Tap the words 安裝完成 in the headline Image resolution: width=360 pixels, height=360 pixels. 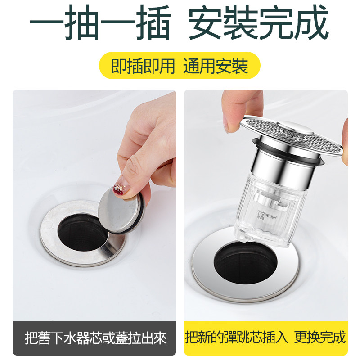[x=259, y=22]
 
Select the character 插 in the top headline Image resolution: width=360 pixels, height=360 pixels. [x=148, y=22]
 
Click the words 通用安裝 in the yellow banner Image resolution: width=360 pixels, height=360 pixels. [x=216, y=66]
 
